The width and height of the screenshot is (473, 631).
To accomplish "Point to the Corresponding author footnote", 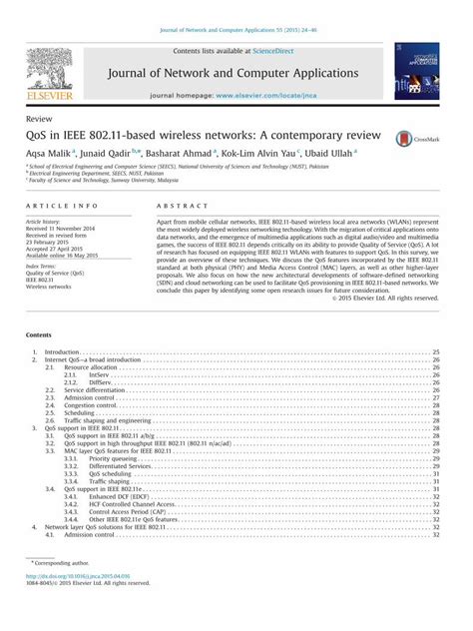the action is pos(64,592).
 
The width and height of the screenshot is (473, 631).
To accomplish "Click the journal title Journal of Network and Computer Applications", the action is pos(234,72).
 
